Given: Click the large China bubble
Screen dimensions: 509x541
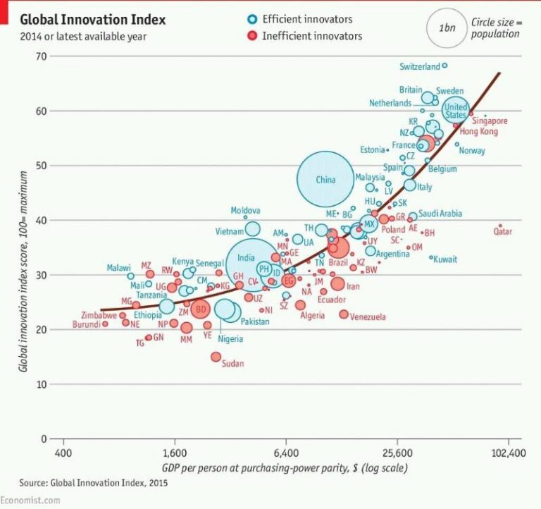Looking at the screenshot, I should (325, 179).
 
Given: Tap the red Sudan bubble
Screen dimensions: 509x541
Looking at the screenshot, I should (216, 357).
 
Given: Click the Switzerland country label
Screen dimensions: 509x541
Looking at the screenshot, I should (419, 67).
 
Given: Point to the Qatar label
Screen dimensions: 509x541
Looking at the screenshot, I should (502, 231).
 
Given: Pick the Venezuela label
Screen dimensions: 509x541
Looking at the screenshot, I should (367, 317).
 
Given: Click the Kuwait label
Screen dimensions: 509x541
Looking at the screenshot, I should (445, 259).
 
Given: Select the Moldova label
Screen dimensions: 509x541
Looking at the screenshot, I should (246, 210).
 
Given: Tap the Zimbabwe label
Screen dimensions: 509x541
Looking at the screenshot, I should (99, 315).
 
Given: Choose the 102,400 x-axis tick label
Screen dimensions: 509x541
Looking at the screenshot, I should (507, 453).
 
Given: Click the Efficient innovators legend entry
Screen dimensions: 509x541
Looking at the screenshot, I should (306, 19).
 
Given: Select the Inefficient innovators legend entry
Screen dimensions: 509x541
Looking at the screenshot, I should (311, 35).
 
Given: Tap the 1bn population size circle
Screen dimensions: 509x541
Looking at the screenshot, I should (445, 28).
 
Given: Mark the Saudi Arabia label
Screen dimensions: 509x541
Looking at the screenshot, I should (440, 214).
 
